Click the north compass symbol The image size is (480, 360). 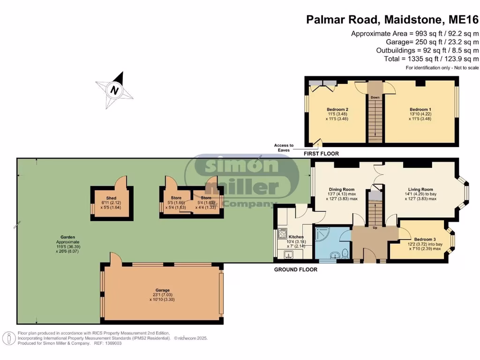point(114,89)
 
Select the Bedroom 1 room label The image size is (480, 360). point(420,109)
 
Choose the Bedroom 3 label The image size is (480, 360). point(413,239)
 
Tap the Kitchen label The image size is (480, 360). point(296,237)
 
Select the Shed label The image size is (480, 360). point(111,198)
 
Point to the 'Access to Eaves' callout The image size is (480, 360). point(284,148)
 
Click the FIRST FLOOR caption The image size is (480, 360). point(321,154)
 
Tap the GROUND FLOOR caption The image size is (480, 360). point(296,270)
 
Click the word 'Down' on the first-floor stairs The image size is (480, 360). point(375,97)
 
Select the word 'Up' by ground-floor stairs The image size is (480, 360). point(375,228)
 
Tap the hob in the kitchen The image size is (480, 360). point(282,233)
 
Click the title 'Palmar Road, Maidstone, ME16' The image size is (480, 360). point(392,19)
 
